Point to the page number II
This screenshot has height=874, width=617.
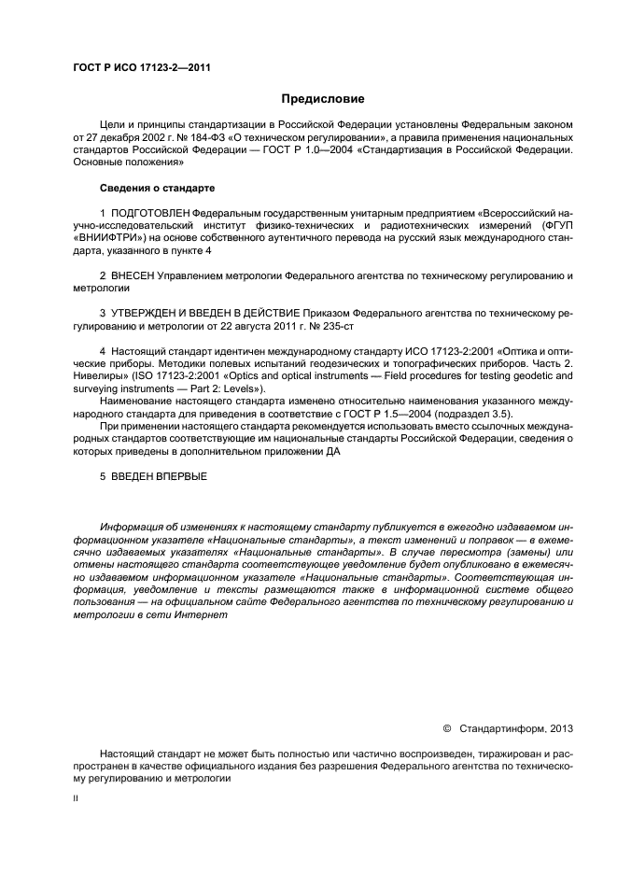pos(77,798)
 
